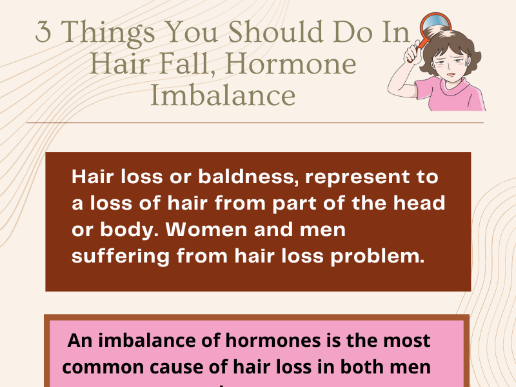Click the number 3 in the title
click(x=44, y=33)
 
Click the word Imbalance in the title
click(x=223, y=95)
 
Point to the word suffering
click(x=121, y=256)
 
